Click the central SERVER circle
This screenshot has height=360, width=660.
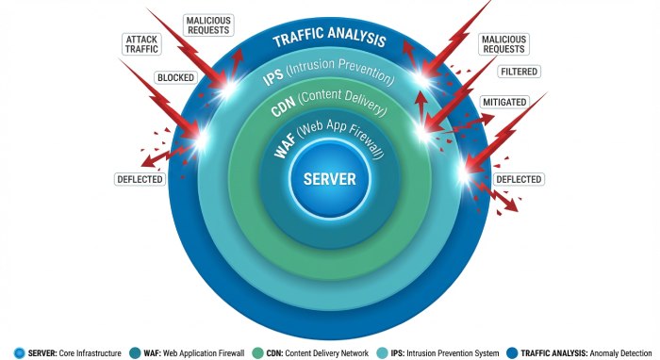329,179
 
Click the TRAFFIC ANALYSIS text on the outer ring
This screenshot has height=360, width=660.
329,40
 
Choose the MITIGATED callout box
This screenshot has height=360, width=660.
503,102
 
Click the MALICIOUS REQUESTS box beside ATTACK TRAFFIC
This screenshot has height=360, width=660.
208,25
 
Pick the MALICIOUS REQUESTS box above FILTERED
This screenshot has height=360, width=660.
503,44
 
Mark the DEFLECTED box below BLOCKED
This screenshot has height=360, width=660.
140,179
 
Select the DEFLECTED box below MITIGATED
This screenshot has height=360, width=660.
519,179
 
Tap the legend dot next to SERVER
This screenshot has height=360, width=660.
21,352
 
